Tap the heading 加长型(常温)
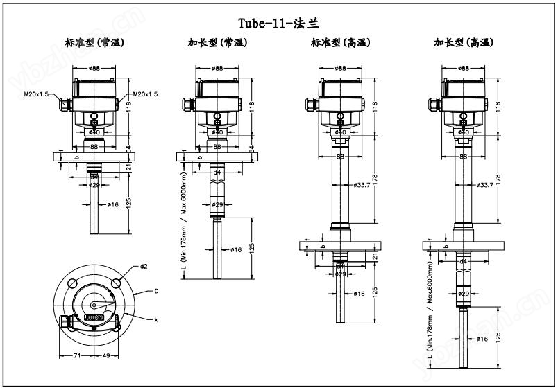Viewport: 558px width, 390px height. (217, 43)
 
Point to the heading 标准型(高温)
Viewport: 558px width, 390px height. (340, 43)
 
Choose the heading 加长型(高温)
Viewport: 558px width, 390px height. (464, 43)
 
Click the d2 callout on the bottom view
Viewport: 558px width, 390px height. (144, 266)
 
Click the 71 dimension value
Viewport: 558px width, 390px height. (78, 355)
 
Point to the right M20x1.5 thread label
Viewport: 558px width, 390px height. (145, 94)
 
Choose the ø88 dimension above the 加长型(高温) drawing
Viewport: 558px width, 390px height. (464, 68)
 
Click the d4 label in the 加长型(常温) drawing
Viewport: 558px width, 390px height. (217, 172)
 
